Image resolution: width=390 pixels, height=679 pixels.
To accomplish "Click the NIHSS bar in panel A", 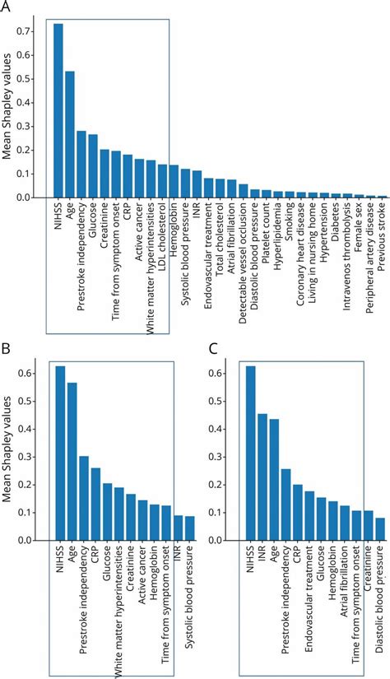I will pyautogui.click(x=58, y=111).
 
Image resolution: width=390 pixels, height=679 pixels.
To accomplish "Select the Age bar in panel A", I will pyautogui.click(x=70, y=135).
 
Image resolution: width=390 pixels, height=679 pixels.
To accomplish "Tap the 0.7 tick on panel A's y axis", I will pyautogui.click(x=34, y=30).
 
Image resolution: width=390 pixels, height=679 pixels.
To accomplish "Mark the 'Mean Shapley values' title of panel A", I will pyautogui.click(x=10, y=116).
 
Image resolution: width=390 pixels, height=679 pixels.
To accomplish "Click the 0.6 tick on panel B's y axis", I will pyautogui.click(x=34, y=374).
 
